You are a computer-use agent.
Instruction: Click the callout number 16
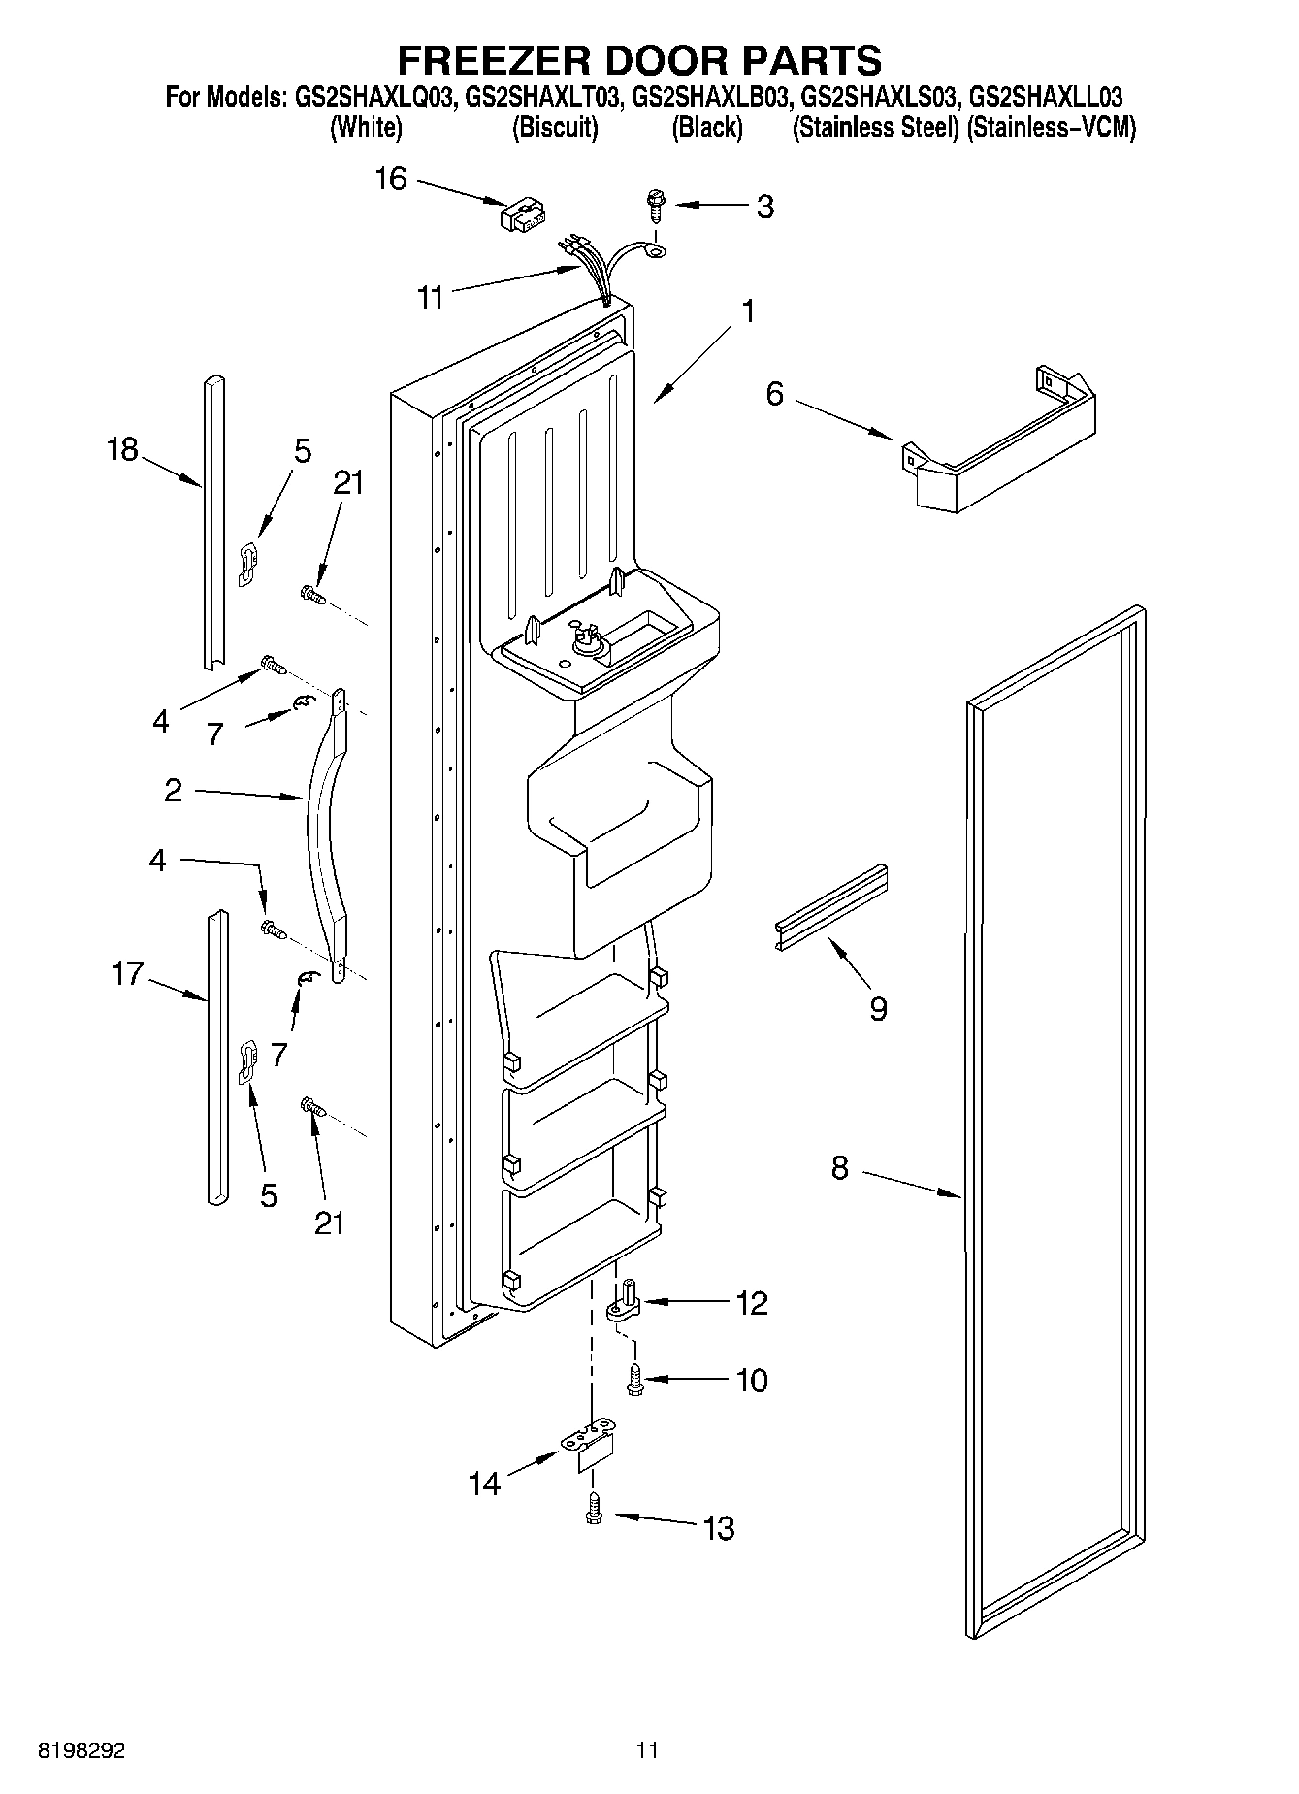[391, 179]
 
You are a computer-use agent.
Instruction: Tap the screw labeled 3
[656, 206]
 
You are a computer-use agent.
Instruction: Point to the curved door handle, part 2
[324, 834]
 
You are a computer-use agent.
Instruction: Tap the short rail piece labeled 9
[831, 905]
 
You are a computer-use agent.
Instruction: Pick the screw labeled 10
[636, 1380]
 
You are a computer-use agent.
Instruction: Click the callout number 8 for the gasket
[839, 1168]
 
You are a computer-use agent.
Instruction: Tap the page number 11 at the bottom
[647, 1750]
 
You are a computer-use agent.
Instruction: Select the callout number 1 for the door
[747, 311]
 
